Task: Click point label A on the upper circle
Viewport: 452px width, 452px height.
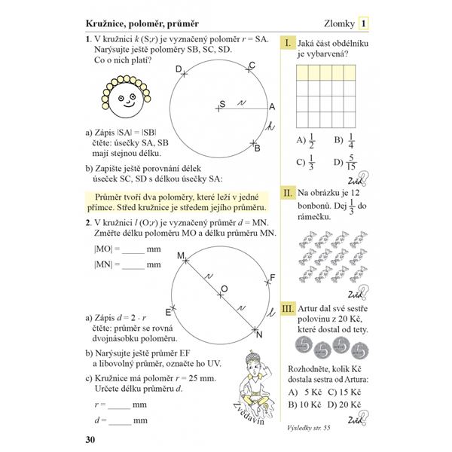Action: tap(272, 106)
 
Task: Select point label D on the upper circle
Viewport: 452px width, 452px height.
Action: tap(179, 70)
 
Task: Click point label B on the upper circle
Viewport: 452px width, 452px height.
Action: tap(256, 148)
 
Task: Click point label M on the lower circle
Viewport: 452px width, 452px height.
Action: tap(181, 258)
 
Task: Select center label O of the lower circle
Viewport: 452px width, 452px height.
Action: tap(223, 289)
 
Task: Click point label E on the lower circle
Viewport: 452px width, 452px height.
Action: tap(169, 309)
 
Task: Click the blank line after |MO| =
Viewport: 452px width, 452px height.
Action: tap(132, 249)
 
